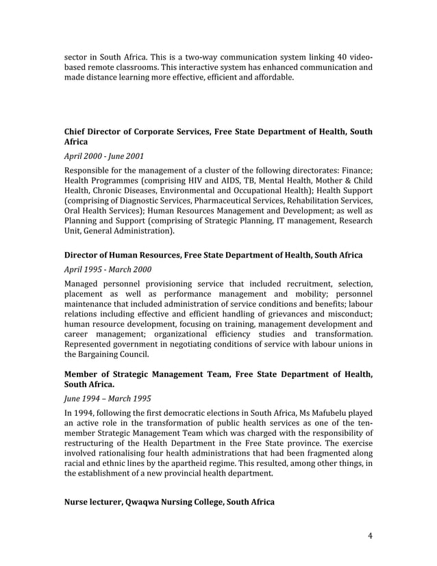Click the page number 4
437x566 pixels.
[x=370, y=536]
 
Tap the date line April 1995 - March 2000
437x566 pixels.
[x=108, y=269]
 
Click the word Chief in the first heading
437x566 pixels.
[x=77, y=131]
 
